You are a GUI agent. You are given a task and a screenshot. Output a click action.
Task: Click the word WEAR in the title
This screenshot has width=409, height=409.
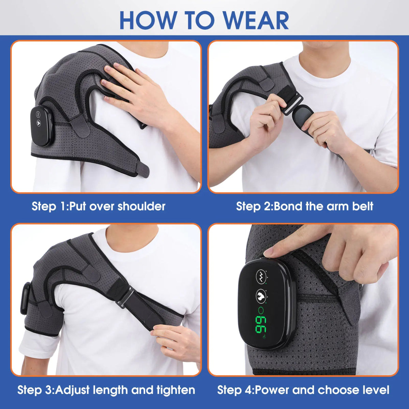[x=256, y=20]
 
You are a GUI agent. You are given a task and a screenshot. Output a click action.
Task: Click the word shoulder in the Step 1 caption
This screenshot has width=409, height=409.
[x=141, y=206]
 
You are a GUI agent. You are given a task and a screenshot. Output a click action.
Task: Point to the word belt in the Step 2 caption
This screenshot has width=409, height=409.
[x=361, y=206]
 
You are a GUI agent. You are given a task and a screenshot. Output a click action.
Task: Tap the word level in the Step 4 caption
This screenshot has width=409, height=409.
[x=375, y=390]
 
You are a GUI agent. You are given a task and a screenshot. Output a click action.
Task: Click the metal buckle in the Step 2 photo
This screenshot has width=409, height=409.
[x=292, y=104]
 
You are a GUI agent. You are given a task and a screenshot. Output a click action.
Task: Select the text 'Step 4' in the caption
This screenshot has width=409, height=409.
[x=234, y=390]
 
